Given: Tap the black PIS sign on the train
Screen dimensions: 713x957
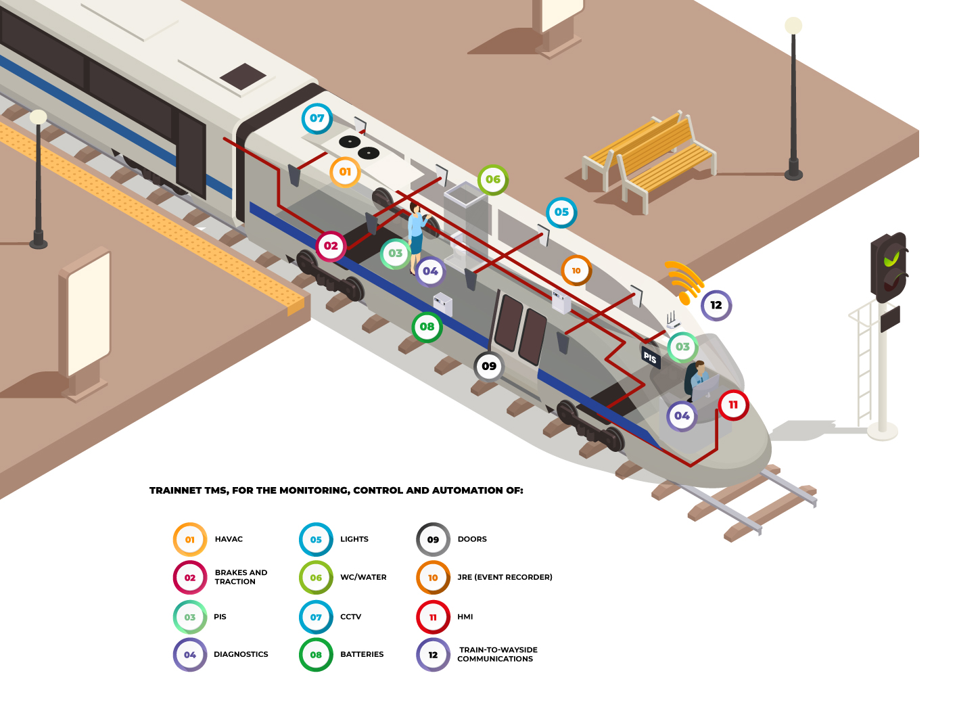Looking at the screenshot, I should click(650, 357).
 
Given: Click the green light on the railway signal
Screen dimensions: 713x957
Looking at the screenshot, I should click(893, 258).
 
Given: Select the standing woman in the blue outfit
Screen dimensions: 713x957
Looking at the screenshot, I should click(416, 237).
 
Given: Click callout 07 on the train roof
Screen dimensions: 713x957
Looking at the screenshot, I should click(317, 118).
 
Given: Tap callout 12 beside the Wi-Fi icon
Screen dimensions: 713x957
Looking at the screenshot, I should click(716, 305).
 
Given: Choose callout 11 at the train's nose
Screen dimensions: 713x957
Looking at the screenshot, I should click(733, 405).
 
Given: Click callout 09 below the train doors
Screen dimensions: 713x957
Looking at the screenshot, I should click(489, 367).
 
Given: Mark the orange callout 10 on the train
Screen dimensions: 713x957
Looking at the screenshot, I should click(576, 271).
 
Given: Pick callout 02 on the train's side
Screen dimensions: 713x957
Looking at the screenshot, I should click(331, 246).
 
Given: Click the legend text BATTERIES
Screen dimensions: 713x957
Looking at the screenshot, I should click(362, 654).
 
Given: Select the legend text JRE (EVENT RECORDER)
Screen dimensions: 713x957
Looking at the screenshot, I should click(505, 577).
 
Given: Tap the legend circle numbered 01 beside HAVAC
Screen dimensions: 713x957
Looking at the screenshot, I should click(190, 539).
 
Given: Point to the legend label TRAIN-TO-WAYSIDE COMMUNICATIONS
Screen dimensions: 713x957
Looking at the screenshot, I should click(497, 654).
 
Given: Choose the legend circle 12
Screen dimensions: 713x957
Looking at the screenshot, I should click(433, 655).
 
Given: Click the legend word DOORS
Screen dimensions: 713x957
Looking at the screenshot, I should click(472, 539).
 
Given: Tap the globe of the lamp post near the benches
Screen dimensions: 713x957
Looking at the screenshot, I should click(793, 26).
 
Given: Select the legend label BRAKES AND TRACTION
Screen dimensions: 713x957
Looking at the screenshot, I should click(241, 577).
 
